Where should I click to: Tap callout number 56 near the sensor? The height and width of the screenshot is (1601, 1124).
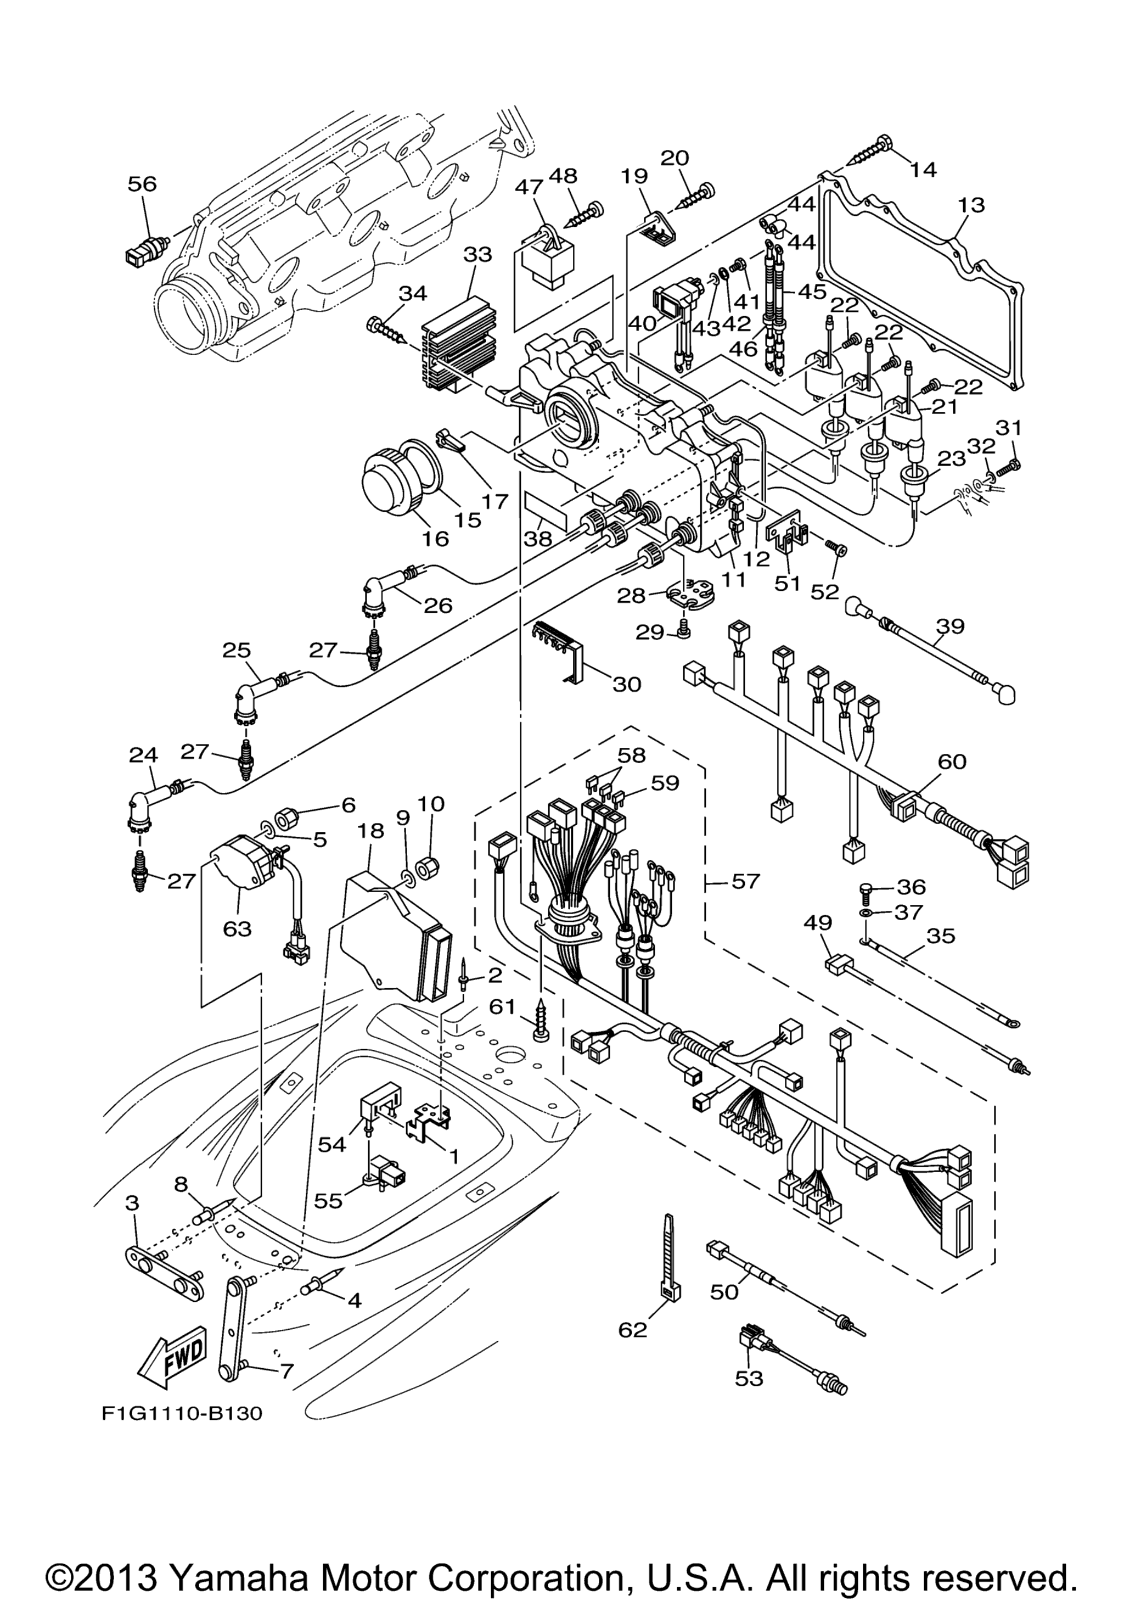(x=142, y=184)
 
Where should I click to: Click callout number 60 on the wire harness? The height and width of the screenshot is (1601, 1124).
(x=952, y=762)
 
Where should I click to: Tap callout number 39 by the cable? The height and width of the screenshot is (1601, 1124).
(x=950, y=626)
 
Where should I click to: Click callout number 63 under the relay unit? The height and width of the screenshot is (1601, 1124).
(x=237, y=929)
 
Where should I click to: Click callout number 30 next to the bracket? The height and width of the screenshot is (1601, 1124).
(x=626, y=684)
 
